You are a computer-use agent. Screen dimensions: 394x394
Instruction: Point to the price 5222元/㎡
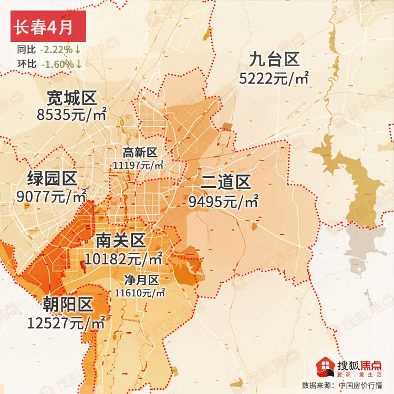(x=274, y=78)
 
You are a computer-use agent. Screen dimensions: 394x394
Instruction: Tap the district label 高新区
(x=140, y=152)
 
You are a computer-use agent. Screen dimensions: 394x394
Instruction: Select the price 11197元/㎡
(x=138, y=164)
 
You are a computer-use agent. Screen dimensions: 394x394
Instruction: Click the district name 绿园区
(x=52, y=179)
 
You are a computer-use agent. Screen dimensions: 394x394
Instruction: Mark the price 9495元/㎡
(x=224, y=201)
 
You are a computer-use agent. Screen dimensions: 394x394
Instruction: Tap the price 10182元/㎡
(x=124, y=258)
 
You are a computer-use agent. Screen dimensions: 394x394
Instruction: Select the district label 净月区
(x=141, y=279)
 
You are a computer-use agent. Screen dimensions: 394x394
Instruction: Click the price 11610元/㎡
(x=140, y=292)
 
